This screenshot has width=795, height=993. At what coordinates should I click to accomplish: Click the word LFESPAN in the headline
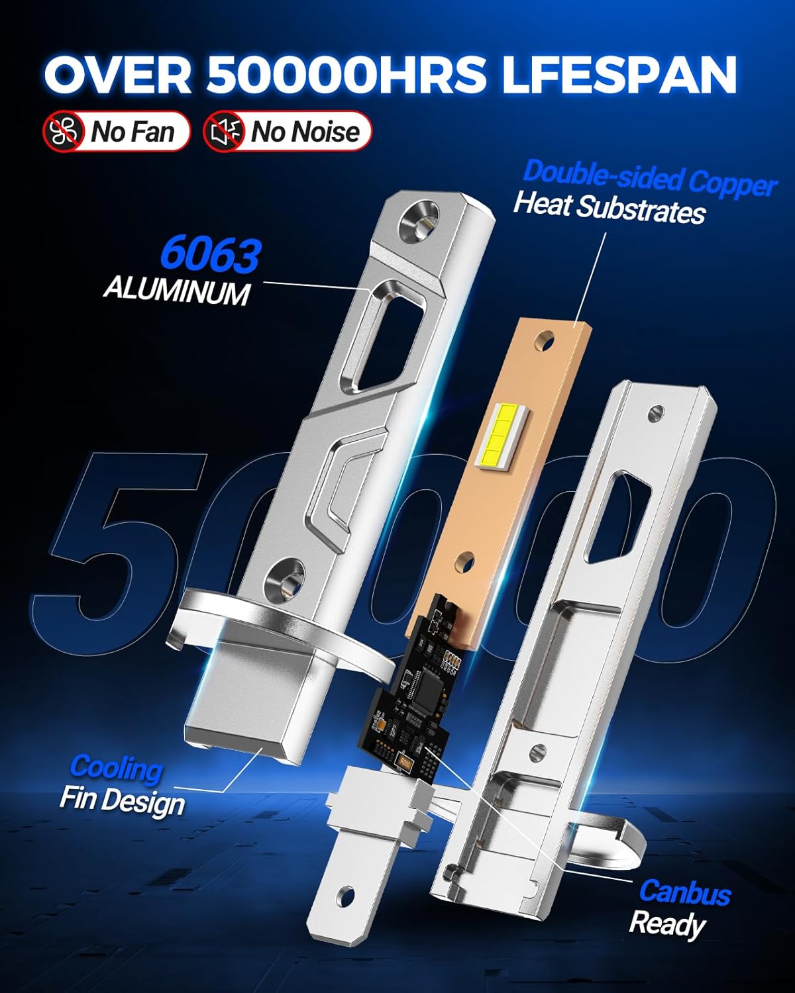pos(619,74)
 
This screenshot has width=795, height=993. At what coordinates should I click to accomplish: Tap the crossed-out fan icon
pos(64,131)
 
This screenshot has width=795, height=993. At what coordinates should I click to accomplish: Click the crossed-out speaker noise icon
pos(223,131)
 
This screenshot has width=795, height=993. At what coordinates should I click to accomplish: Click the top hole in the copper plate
pos(546,342)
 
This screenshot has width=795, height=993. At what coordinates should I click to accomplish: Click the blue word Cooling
pos(116,768)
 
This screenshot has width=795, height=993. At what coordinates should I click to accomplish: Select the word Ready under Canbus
pos(666,923)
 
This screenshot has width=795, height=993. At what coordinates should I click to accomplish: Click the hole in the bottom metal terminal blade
pos(344,897)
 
